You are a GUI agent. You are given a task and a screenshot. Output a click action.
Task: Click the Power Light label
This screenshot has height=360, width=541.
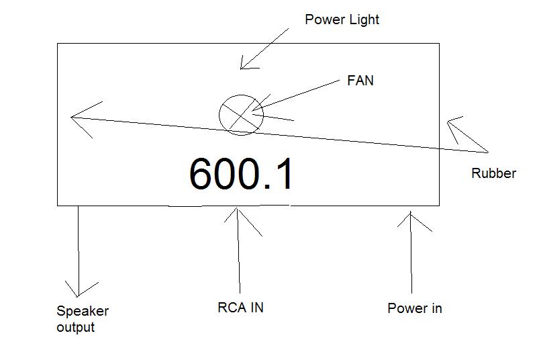click(342, 19)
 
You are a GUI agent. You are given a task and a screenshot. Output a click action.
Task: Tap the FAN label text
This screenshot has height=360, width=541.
click(360, 81)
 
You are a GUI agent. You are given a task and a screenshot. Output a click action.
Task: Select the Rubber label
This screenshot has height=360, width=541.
click(493, 173)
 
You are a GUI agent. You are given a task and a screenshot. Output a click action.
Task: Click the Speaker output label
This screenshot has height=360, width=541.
click(83, 319)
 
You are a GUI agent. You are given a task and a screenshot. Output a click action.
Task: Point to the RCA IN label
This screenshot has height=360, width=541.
click(240, 308)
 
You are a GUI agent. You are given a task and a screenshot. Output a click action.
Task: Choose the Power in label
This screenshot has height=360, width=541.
click(415, 308)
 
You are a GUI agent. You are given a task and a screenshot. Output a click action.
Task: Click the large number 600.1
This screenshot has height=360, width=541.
click(241, 174)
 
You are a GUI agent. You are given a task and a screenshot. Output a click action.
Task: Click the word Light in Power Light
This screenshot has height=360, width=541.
click(364, 19)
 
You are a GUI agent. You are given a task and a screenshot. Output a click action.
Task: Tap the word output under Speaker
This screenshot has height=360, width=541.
click(76, 328)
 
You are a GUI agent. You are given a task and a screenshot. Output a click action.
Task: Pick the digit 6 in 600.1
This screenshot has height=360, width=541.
click(201, 174)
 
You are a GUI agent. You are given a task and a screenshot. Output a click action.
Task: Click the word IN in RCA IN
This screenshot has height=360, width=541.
click(256, 308)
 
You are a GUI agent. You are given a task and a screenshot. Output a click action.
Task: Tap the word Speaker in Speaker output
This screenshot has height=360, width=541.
click(83, 311)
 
